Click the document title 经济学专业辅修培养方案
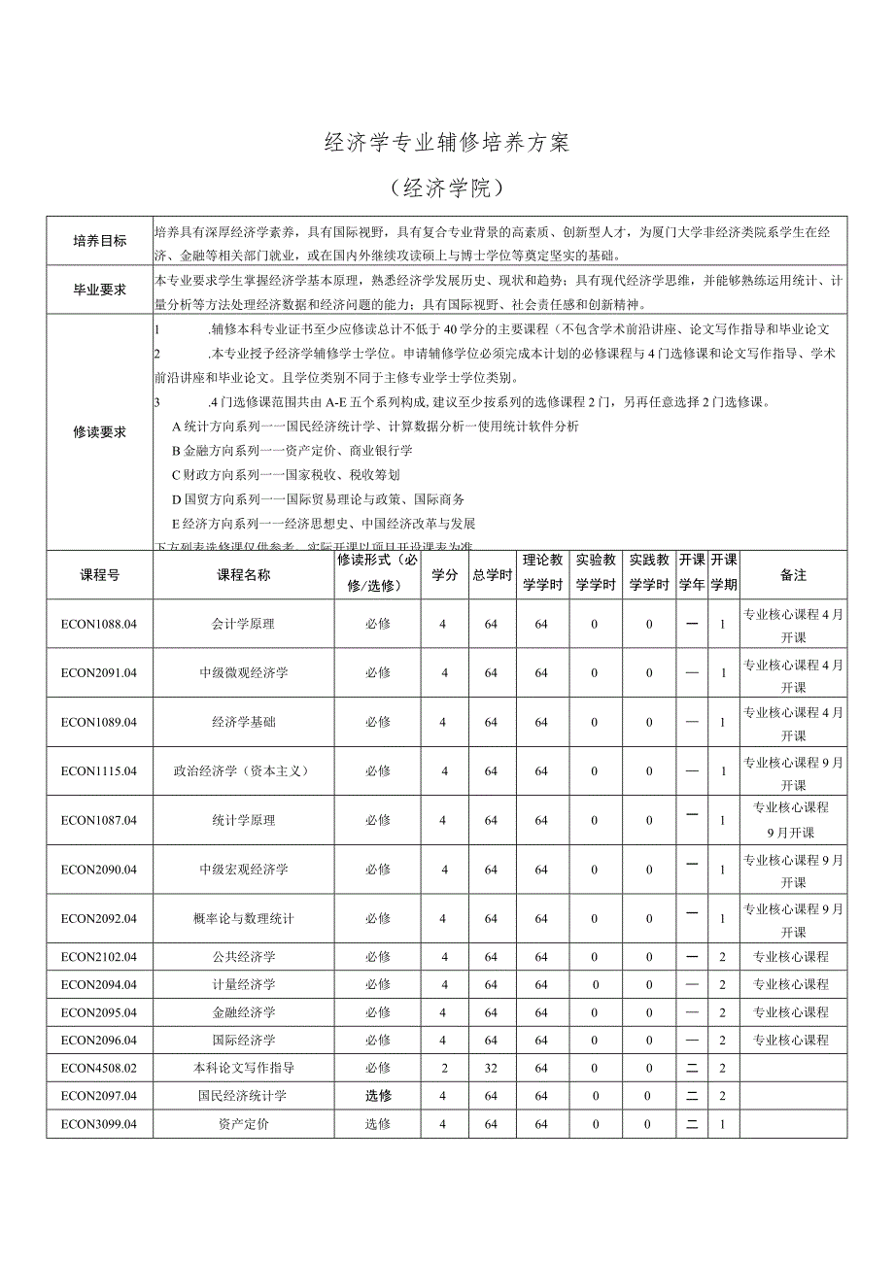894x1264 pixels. (x=446, y=143)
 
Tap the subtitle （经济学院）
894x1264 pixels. (x=446, y=188)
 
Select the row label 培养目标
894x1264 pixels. (x=100, y=241)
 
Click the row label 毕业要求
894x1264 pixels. (x=100, y=290)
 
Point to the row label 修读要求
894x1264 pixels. (x=100, y=432)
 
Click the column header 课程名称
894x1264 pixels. (x=244, y=575)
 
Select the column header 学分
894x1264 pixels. (x=444, y=575)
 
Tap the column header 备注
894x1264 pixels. (x=793, y=575)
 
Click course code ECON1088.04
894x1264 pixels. (x=99, y=624)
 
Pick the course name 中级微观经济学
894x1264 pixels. (x=244, y=672)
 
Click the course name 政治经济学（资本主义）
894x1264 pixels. (x=244, y=770)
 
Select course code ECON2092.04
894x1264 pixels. (x=99, y=918)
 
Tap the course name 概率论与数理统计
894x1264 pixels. (x=244, y=918)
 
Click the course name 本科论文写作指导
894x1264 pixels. (x=244, y=1067)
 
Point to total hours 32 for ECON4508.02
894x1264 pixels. (x=492, y=1068)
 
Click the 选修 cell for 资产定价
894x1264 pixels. (x=378, y=1124)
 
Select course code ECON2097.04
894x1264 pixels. (x=99, y=1095)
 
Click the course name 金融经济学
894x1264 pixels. (x=244, y=1012)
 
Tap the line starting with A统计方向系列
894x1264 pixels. (x=375, y=427)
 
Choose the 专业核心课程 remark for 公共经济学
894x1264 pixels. (x=791, y=957)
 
